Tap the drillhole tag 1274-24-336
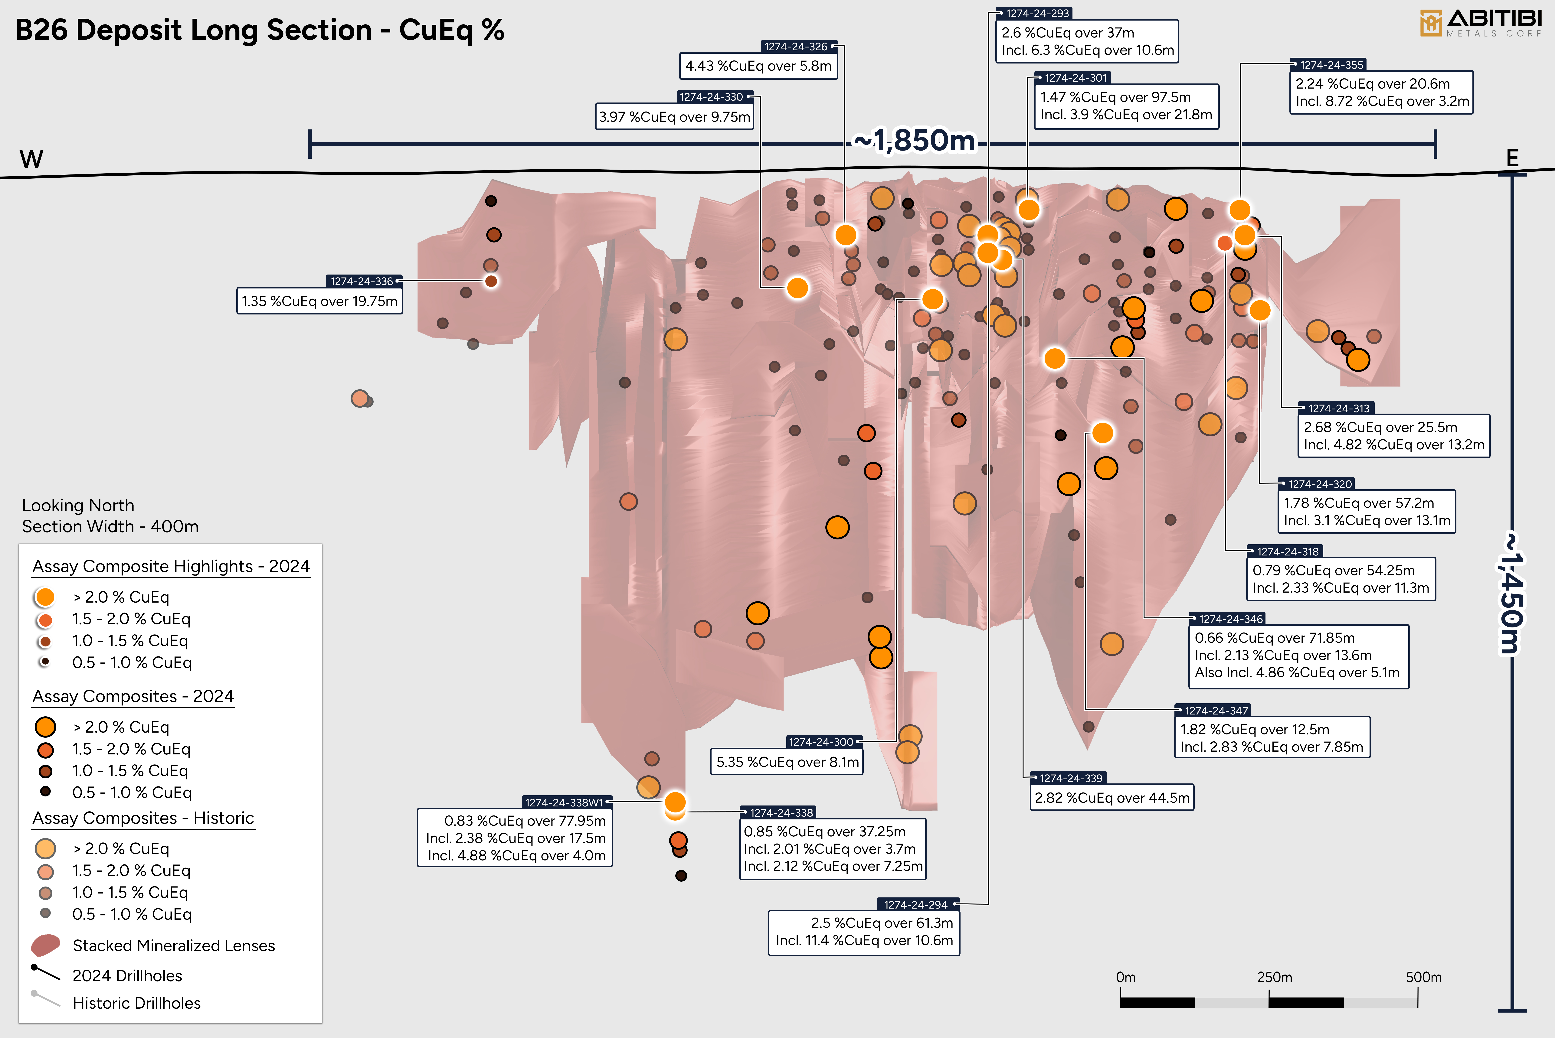coord(362,281)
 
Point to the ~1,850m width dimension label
coord(915,140)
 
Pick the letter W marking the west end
coord(31,159)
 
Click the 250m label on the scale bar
coord(1274,977)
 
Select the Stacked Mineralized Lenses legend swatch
coord(46,945)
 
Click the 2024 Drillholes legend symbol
coord(46,973)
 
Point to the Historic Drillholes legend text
coord(136,1003)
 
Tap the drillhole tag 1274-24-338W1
coord(564,802)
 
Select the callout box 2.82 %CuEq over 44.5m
coord(1112,798)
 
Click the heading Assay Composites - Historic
coord(143,818)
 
